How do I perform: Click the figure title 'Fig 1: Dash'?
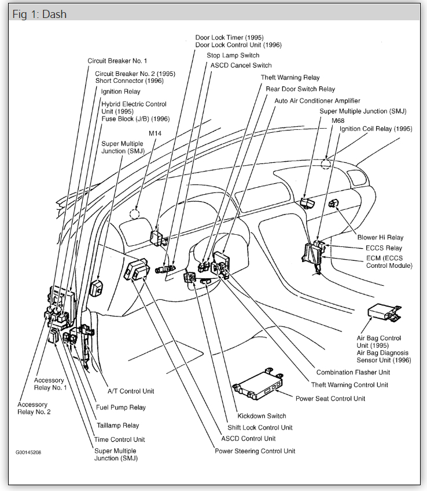pos(38,14)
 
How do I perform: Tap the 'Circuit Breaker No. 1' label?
pos(117,60)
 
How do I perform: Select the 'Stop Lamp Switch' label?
pos(233,55)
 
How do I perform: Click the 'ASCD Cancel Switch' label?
pos(241,66)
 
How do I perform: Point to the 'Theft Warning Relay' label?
pos(290,78)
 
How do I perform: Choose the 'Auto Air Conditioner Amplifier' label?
pos(317,100)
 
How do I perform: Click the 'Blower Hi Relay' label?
pos(380,237)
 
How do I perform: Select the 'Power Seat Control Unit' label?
pos(330,398)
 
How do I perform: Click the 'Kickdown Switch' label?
pos(262,416)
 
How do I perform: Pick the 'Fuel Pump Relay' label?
pos(121,408)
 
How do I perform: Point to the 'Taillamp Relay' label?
pos(117,425)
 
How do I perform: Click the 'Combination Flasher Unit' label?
pos(353,372)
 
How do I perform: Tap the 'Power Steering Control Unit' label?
pos(255,451)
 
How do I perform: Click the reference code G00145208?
pos(28,452)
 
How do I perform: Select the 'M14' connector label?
pos(155,133)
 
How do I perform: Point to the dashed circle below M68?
pos(326,163)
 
